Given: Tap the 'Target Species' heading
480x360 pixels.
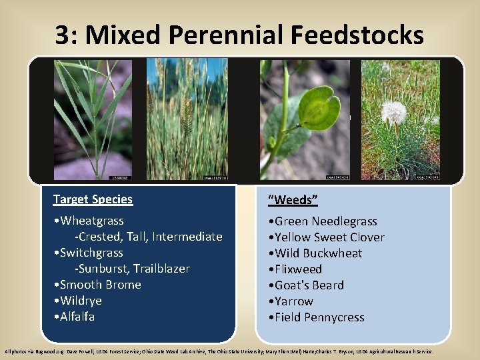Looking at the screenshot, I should (x=93, y=199).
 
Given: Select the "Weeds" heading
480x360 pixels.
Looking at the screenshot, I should (x=293, y=200).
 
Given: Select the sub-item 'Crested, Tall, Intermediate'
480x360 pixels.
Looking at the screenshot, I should (x=148, y=237).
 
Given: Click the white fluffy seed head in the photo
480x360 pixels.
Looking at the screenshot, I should (x=393, y=112).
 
